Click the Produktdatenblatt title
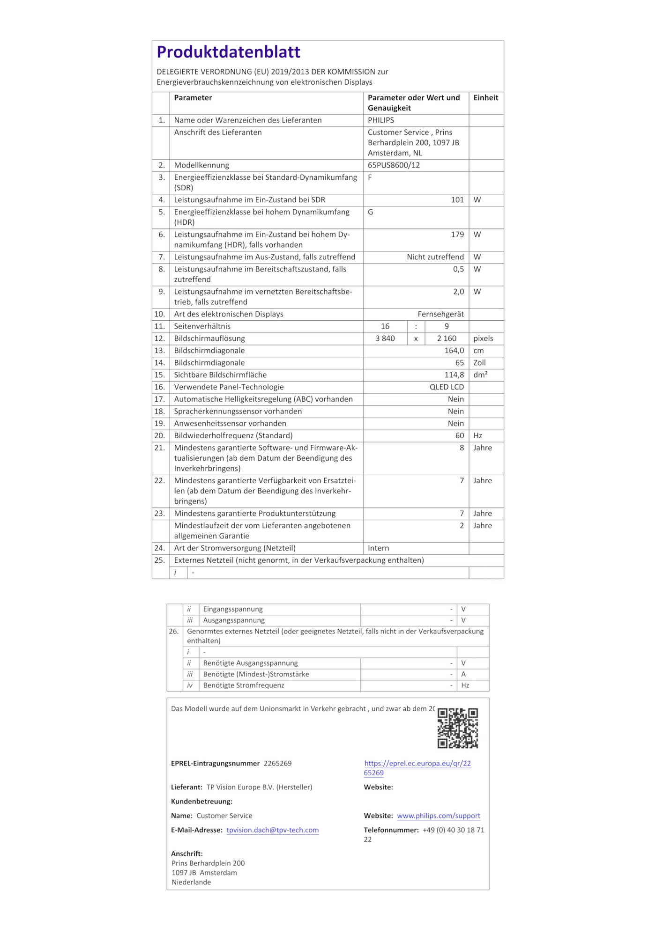(x=228, y=52)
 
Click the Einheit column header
(x=485, y=98)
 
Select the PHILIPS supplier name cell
(x=381, y=120)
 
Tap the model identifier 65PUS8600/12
(x=394, y=165)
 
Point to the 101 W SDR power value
(x=457, y=200)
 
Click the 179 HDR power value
(x=457, y=235)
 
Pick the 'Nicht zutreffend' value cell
(x=435, y=257)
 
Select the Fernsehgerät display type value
(x=440, y=314)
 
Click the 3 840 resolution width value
(x=385, y=338)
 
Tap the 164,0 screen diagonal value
(x=454, y=351)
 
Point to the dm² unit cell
(x=480, y=375)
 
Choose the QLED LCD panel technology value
(x=447, y=387)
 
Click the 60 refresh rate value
(x=459, y=436)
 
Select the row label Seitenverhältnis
(x=202, y=326)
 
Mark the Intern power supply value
(x=379, y=548)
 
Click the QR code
(x=457, y=728)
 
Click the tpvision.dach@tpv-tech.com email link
(x=272, y=830)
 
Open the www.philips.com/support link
(x=438, y=816)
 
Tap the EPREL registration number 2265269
(x=277, y=763)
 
